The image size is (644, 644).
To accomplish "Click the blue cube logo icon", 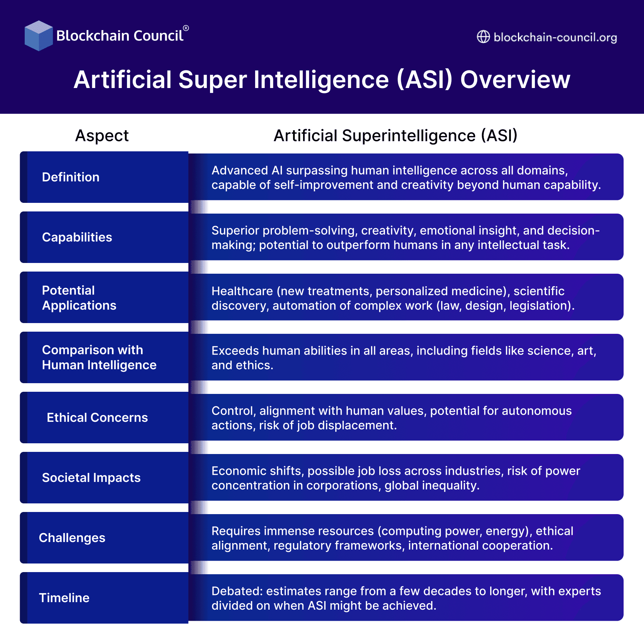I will point(38,36).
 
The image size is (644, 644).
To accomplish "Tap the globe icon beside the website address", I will point(483,37).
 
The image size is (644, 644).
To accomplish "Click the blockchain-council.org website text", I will point(555,37).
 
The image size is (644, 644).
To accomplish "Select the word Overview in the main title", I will point(515,79).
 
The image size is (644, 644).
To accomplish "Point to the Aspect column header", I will point(102,136).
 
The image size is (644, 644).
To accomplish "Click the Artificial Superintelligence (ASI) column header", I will point(395,136).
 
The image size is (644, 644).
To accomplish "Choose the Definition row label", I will point(70,177).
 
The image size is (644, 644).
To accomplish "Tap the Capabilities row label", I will point(77,237).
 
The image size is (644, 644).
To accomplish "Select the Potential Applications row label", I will point(79,298).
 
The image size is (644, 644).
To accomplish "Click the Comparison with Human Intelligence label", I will point(99,357).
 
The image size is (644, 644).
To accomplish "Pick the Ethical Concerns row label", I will point(97,418).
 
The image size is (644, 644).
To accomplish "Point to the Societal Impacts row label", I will point(91,478).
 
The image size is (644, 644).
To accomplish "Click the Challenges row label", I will point(72,538).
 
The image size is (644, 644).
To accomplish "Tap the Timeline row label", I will point(64,598).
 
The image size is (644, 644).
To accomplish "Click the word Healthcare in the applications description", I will point(242,291).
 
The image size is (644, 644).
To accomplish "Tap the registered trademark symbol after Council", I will point(186,28).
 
